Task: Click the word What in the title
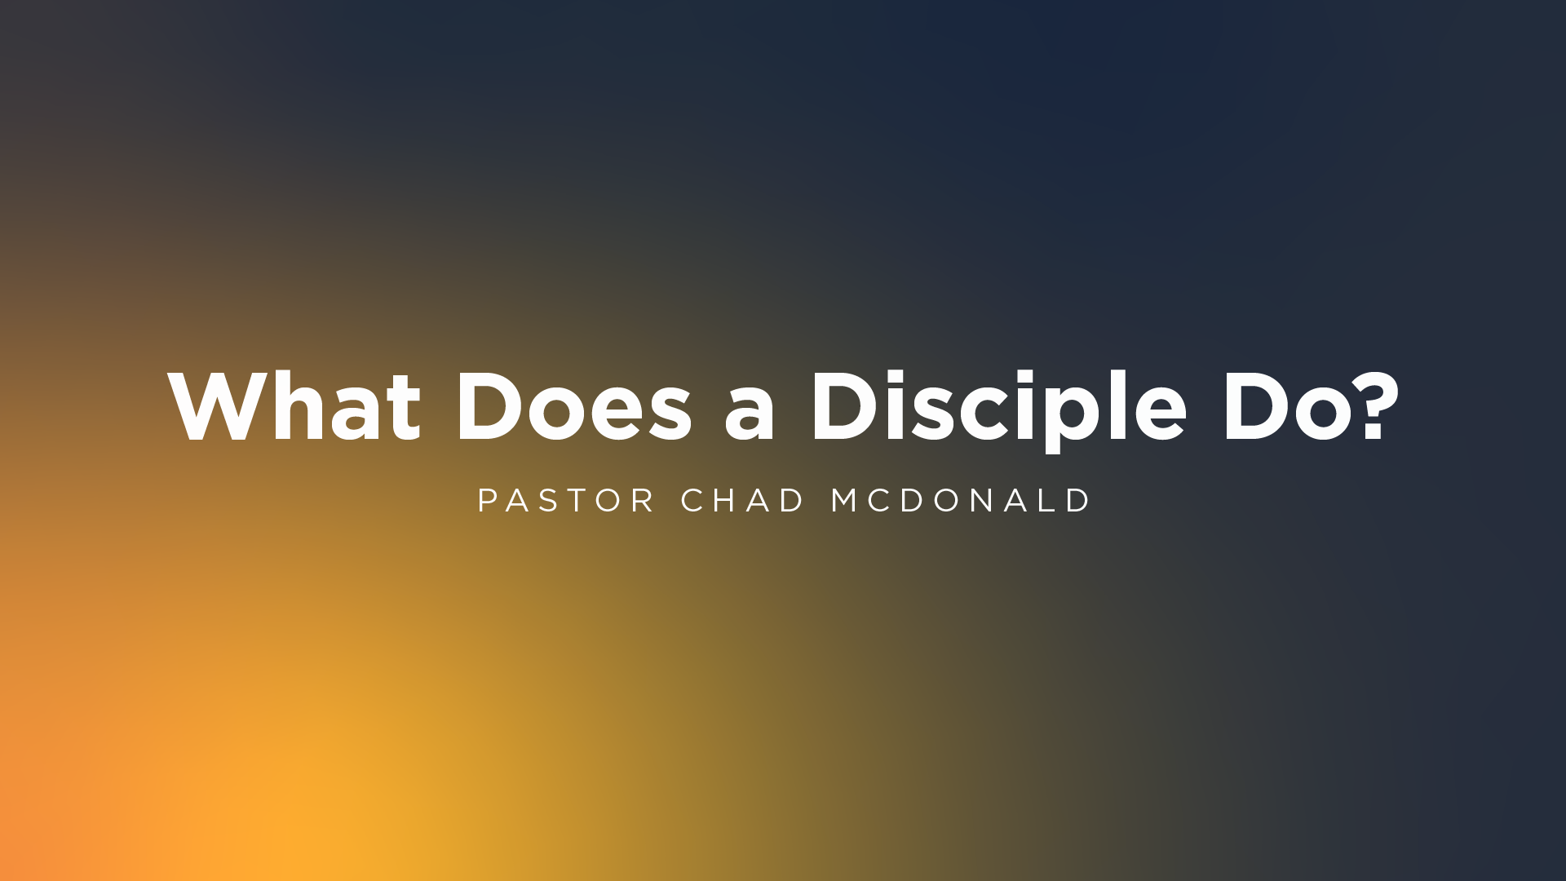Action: click(x=294, y=406)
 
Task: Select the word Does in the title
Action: click(x=574, y=406)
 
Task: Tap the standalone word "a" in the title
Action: click(x=750, y=415)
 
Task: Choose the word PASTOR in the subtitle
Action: click(x=566, y=500)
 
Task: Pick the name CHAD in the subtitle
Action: click(x=742, y=500)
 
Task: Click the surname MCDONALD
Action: click(x=960, y=500)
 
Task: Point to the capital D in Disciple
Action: click(x=844, y=406)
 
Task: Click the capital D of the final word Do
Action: click(x=1255, y=406)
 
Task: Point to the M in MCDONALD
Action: click(x=846, y=500)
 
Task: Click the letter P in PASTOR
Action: click(x=488, y=500)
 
